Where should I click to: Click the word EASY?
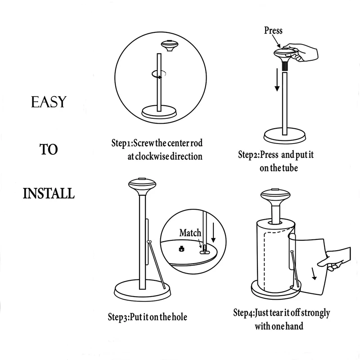(x=49, y=102)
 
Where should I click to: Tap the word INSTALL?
(x=49, y=194)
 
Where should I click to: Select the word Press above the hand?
(x=273, y=31)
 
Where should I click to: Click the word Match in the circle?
(x=190, y=233)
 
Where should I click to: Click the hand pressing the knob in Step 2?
(x=302, y=53)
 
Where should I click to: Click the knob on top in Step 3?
(x=142, y=185)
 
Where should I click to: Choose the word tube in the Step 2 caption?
(x=288, y=168)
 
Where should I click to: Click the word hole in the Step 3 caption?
(x=177, y=317)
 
